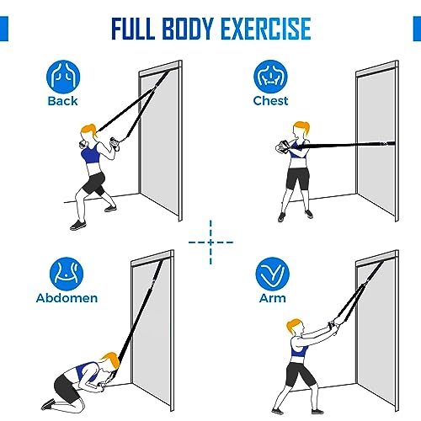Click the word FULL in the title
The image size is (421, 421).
tap(133, 29)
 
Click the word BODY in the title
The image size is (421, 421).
tap(188, 29)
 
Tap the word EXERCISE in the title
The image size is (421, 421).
tap(266, 29)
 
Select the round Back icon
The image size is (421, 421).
tap(63, 77)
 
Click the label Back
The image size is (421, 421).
tap(62, 101)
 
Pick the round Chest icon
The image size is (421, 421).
tap(270, 77)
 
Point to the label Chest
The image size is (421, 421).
tap(270, 101)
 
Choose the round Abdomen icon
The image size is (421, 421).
tap(67, 274)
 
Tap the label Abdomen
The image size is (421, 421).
tap(67, 298)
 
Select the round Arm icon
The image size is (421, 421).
tap(272, 274)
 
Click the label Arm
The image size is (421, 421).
tap(273, 298)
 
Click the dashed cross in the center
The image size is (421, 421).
tap(210, 242)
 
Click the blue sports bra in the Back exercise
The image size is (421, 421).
tap(91, 154)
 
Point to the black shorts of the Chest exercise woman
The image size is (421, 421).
tap(297, 179)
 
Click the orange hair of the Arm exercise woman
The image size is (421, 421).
tap(294, 326)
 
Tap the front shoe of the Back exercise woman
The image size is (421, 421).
tap(78, 225)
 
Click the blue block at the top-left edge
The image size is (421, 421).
tap(4, 29)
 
